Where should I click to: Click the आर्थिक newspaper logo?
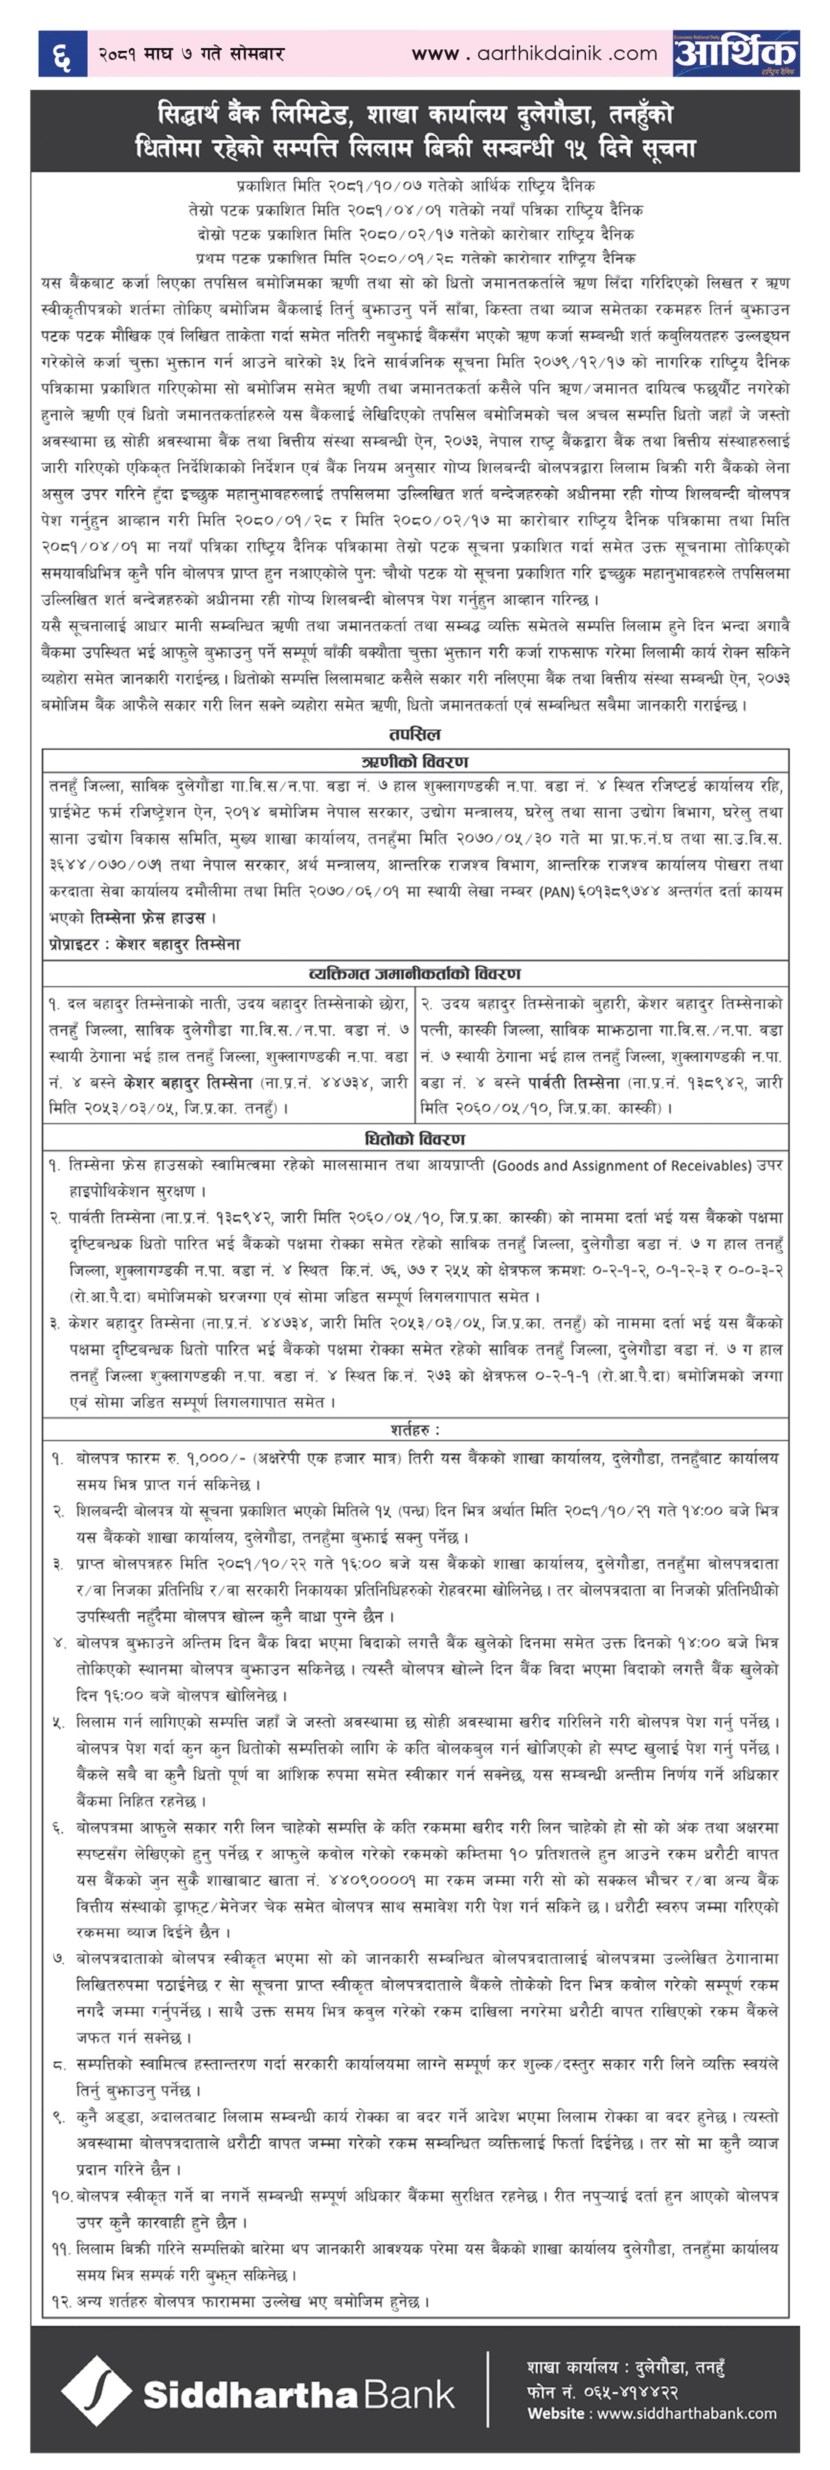click(735, 53)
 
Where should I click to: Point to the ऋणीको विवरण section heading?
click(414, 761)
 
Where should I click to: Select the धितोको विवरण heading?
click(414, 1139)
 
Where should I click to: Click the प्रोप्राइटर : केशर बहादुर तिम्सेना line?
click(145, 945)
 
